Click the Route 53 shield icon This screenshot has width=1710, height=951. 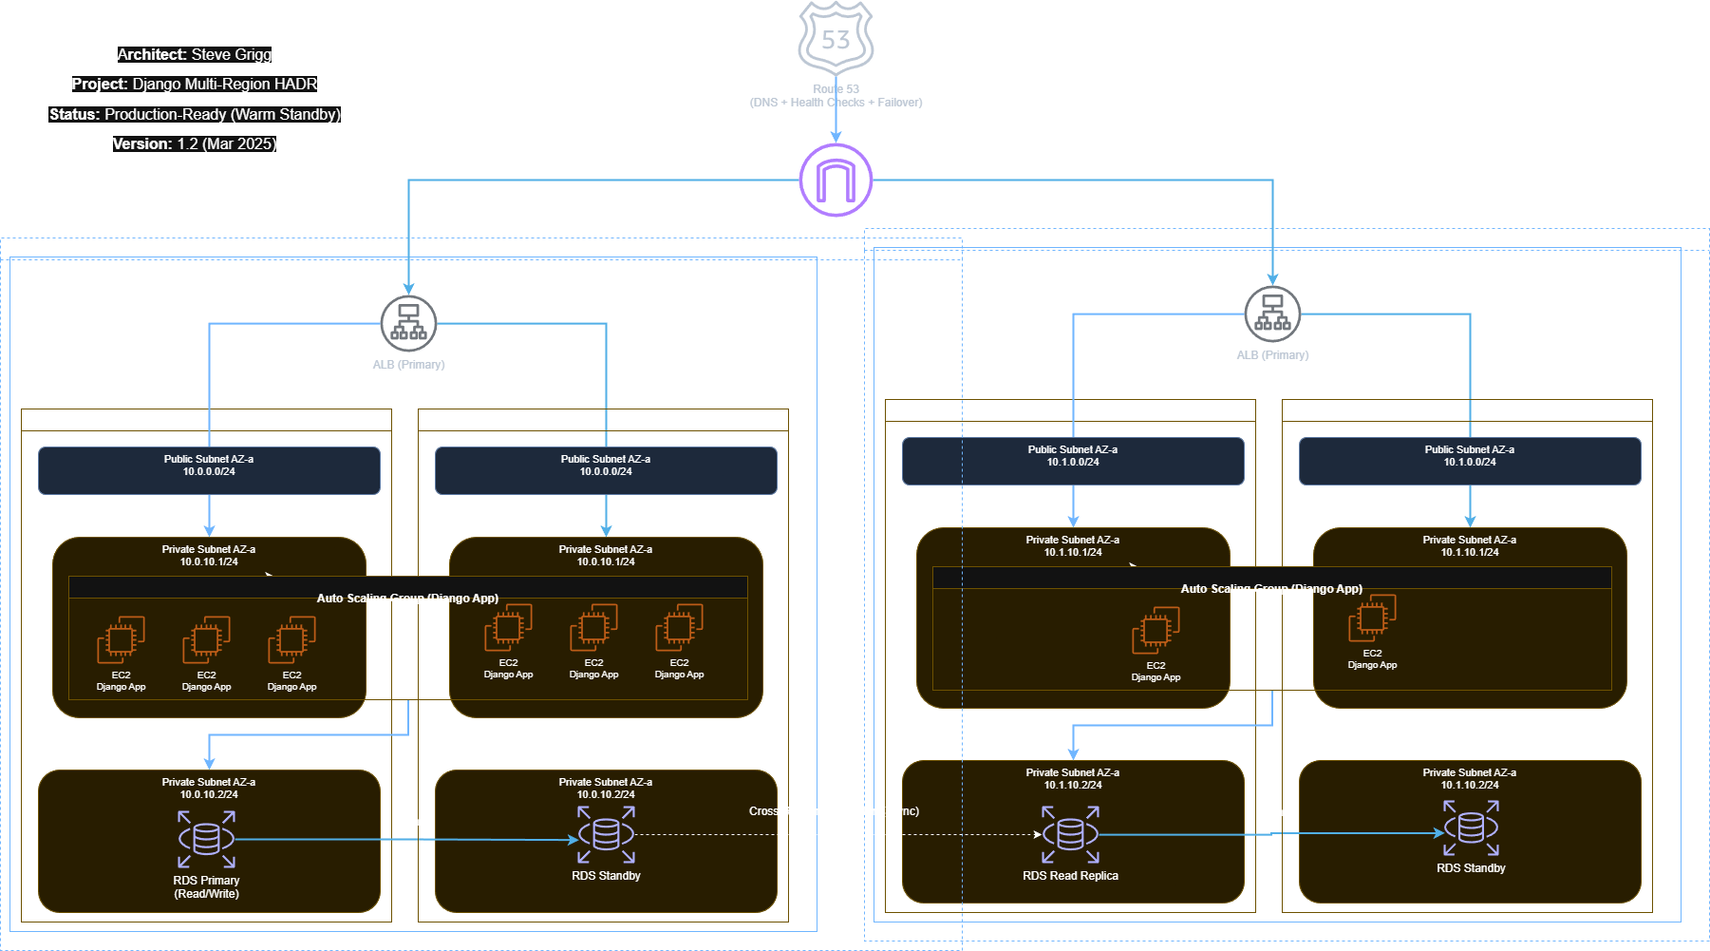pyautogui.click(x=836, y=36)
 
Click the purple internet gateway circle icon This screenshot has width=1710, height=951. pyautogui.click(x=836, y=180)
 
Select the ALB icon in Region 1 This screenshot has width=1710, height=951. pyautogui.click(x=408, y=323)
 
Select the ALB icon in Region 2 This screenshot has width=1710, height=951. pyautogui.click(x=1272, y=314)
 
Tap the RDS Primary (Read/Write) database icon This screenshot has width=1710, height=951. pyautogui.click(x=206, y=839)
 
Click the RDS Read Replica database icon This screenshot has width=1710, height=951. pyautogui.click(x=1070, y=834)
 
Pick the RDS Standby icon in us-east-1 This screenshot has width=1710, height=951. pyautogui.click(x=1471, y=827)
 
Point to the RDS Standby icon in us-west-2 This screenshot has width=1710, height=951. pyautogui.click(x=606, y=834)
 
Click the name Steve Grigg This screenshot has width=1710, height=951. pyautogui.click(x=232, y=55)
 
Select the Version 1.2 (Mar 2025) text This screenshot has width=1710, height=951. pyautogui.click(x=195, y=144)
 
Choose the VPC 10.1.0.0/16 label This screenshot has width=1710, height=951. pyautogui.click(x=927, y=260)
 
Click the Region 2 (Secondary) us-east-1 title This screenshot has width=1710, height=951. pyautogui.click(x=967, y=241)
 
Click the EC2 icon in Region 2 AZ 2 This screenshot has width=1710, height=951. pyautogui.click(x=1372, y=618)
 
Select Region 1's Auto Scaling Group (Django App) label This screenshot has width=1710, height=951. pyautogui.click(x=407, y=599)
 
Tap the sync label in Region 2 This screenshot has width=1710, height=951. pyautogui.click(x=1277, y=812)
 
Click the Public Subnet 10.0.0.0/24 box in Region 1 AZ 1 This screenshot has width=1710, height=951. pyautogui.click(x=209, y=470)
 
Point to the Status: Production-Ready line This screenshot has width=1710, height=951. pyautogui.click(x=195, y=115)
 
